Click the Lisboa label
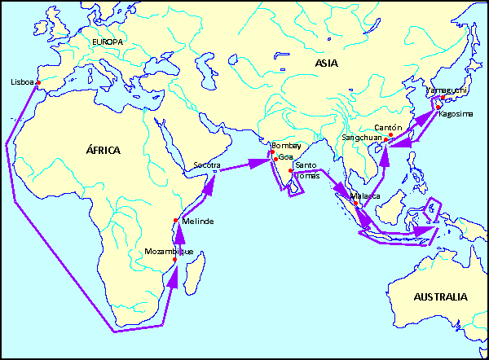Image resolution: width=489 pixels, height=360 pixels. pos(21,82)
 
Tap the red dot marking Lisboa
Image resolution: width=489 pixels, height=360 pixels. pos(38,82)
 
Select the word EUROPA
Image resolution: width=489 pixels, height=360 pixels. pos(108,42)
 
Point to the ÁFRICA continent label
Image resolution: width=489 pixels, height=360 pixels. pos(104,150)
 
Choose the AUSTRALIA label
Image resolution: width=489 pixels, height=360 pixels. pos(440,296)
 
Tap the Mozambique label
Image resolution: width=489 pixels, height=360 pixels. pos(169,252)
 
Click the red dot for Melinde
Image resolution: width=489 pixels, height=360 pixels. pos(176,221)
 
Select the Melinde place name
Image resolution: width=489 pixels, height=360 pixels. pos(197,222)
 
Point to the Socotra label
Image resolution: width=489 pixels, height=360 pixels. pos(207,165)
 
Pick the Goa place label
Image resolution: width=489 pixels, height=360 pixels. pos(285,156)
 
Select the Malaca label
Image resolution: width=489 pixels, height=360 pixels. pos(365,196)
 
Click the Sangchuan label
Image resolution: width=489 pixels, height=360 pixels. pos(361,138)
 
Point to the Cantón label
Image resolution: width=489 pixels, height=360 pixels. pos(390,128)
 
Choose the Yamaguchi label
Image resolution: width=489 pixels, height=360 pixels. pos(444,92)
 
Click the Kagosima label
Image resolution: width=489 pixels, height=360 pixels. pos(456,114)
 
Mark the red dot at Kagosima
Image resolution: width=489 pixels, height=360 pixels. pos(438,108)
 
